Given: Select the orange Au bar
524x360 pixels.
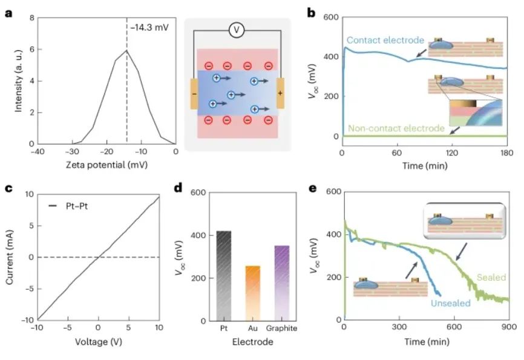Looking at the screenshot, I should tap(252, 293).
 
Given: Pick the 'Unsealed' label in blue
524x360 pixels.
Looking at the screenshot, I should tap(451, 303).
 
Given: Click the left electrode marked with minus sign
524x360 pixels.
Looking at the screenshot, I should tap(194, 94).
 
